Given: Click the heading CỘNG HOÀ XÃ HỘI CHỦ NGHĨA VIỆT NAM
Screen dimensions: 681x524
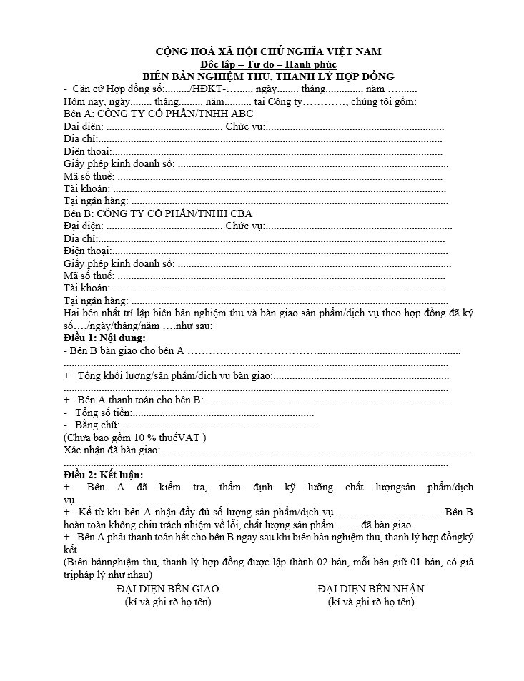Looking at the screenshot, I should click(x=268, y=51).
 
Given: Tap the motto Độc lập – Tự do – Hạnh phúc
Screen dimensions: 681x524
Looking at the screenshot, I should click(x=268, y=64).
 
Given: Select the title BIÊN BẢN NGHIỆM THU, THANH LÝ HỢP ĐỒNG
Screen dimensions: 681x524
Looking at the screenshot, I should click(x=268, y=76).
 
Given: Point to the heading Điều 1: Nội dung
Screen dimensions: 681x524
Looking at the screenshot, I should click(x=104, y=338).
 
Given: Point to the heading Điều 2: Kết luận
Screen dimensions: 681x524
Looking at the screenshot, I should click(x=103, y=475).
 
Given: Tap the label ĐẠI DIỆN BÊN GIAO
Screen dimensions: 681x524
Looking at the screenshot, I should click(x=168, y=589).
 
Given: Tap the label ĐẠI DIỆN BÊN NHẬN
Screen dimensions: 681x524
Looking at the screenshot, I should click(x=371, y=589).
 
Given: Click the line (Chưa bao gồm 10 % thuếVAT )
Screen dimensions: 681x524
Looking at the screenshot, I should click(x=134, y=438).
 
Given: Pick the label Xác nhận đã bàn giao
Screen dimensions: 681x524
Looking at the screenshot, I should click(x=110, y=450).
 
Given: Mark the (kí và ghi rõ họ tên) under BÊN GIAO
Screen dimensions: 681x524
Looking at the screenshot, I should click(x=168, y=602).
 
